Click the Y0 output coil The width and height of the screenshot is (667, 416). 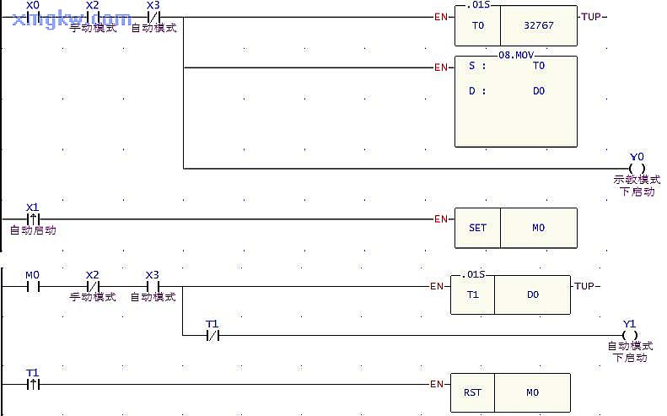[637, 168]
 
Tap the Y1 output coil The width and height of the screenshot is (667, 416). [629, 335]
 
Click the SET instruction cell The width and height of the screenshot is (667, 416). [477, 228]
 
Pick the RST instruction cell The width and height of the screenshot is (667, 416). [472, 392]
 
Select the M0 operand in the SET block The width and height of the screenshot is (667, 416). [538, 228]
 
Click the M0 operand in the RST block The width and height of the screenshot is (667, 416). [532, 392]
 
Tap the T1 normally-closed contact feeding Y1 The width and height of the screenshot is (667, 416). [212, 335]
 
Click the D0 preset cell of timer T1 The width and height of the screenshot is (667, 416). [532, 295]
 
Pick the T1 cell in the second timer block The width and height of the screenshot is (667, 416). [472, 295]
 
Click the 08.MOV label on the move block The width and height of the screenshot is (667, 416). [516, 54]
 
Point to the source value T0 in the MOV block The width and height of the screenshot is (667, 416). [539, 66]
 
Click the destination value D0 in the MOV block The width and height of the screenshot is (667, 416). [539, 90]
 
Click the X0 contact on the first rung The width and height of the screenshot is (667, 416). [34, 17]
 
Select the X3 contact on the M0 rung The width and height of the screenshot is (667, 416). [153, 286]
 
